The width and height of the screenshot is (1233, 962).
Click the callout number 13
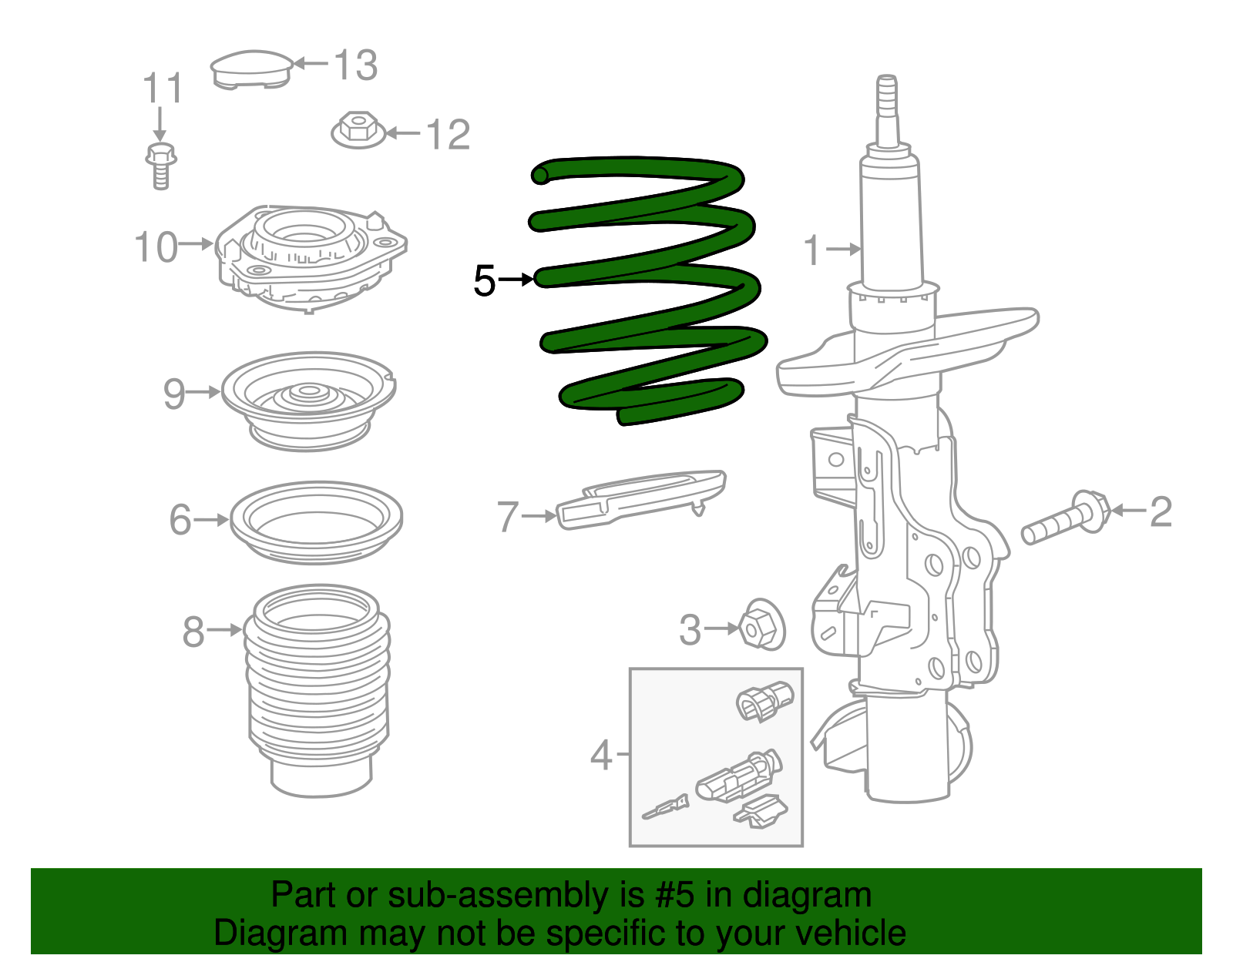pyautogui.click(x=356, y=65)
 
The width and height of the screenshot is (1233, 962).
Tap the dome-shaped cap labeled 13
pyautogui.click(x=250, y=69)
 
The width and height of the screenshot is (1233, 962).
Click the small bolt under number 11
pyautogui.click(x=160, y=164)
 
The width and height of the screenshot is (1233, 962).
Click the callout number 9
pyautogui.click(x=174, y=394)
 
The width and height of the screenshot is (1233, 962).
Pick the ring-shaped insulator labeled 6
pyautogui.click(x=316, y=521)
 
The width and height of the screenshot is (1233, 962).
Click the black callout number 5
pyautogui.click(x=485, y=280)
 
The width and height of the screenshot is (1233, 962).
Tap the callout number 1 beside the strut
pyautogui.click(x=812, y=250)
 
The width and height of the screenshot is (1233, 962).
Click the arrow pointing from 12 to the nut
pyautogui.click(x=403, y=133)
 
